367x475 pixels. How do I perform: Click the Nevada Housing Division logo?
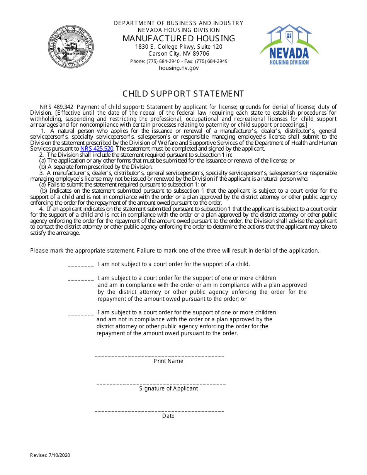[x=289, y=45]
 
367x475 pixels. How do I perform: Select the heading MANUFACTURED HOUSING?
[x=179, y=39]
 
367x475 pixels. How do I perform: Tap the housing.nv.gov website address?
[x=179, y=68]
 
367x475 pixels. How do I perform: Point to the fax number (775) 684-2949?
[x=211, y=61]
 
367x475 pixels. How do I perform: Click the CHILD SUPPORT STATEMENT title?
[x=183, y=94]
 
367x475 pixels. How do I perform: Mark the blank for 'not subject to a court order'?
[x=81, y=265]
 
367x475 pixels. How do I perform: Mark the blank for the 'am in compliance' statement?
[x=81, y=279]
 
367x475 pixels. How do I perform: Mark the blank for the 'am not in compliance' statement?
[x=81, y=314]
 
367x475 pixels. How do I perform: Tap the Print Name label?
[x=168, y=361]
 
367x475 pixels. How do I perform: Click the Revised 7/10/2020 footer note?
[x=50, y=455]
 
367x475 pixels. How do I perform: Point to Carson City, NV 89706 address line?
[x=179, y=54]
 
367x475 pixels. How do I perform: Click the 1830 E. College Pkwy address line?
[x=179, y=47]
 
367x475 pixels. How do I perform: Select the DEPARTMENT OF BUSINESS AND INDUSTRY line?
[x=179, y=23]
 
